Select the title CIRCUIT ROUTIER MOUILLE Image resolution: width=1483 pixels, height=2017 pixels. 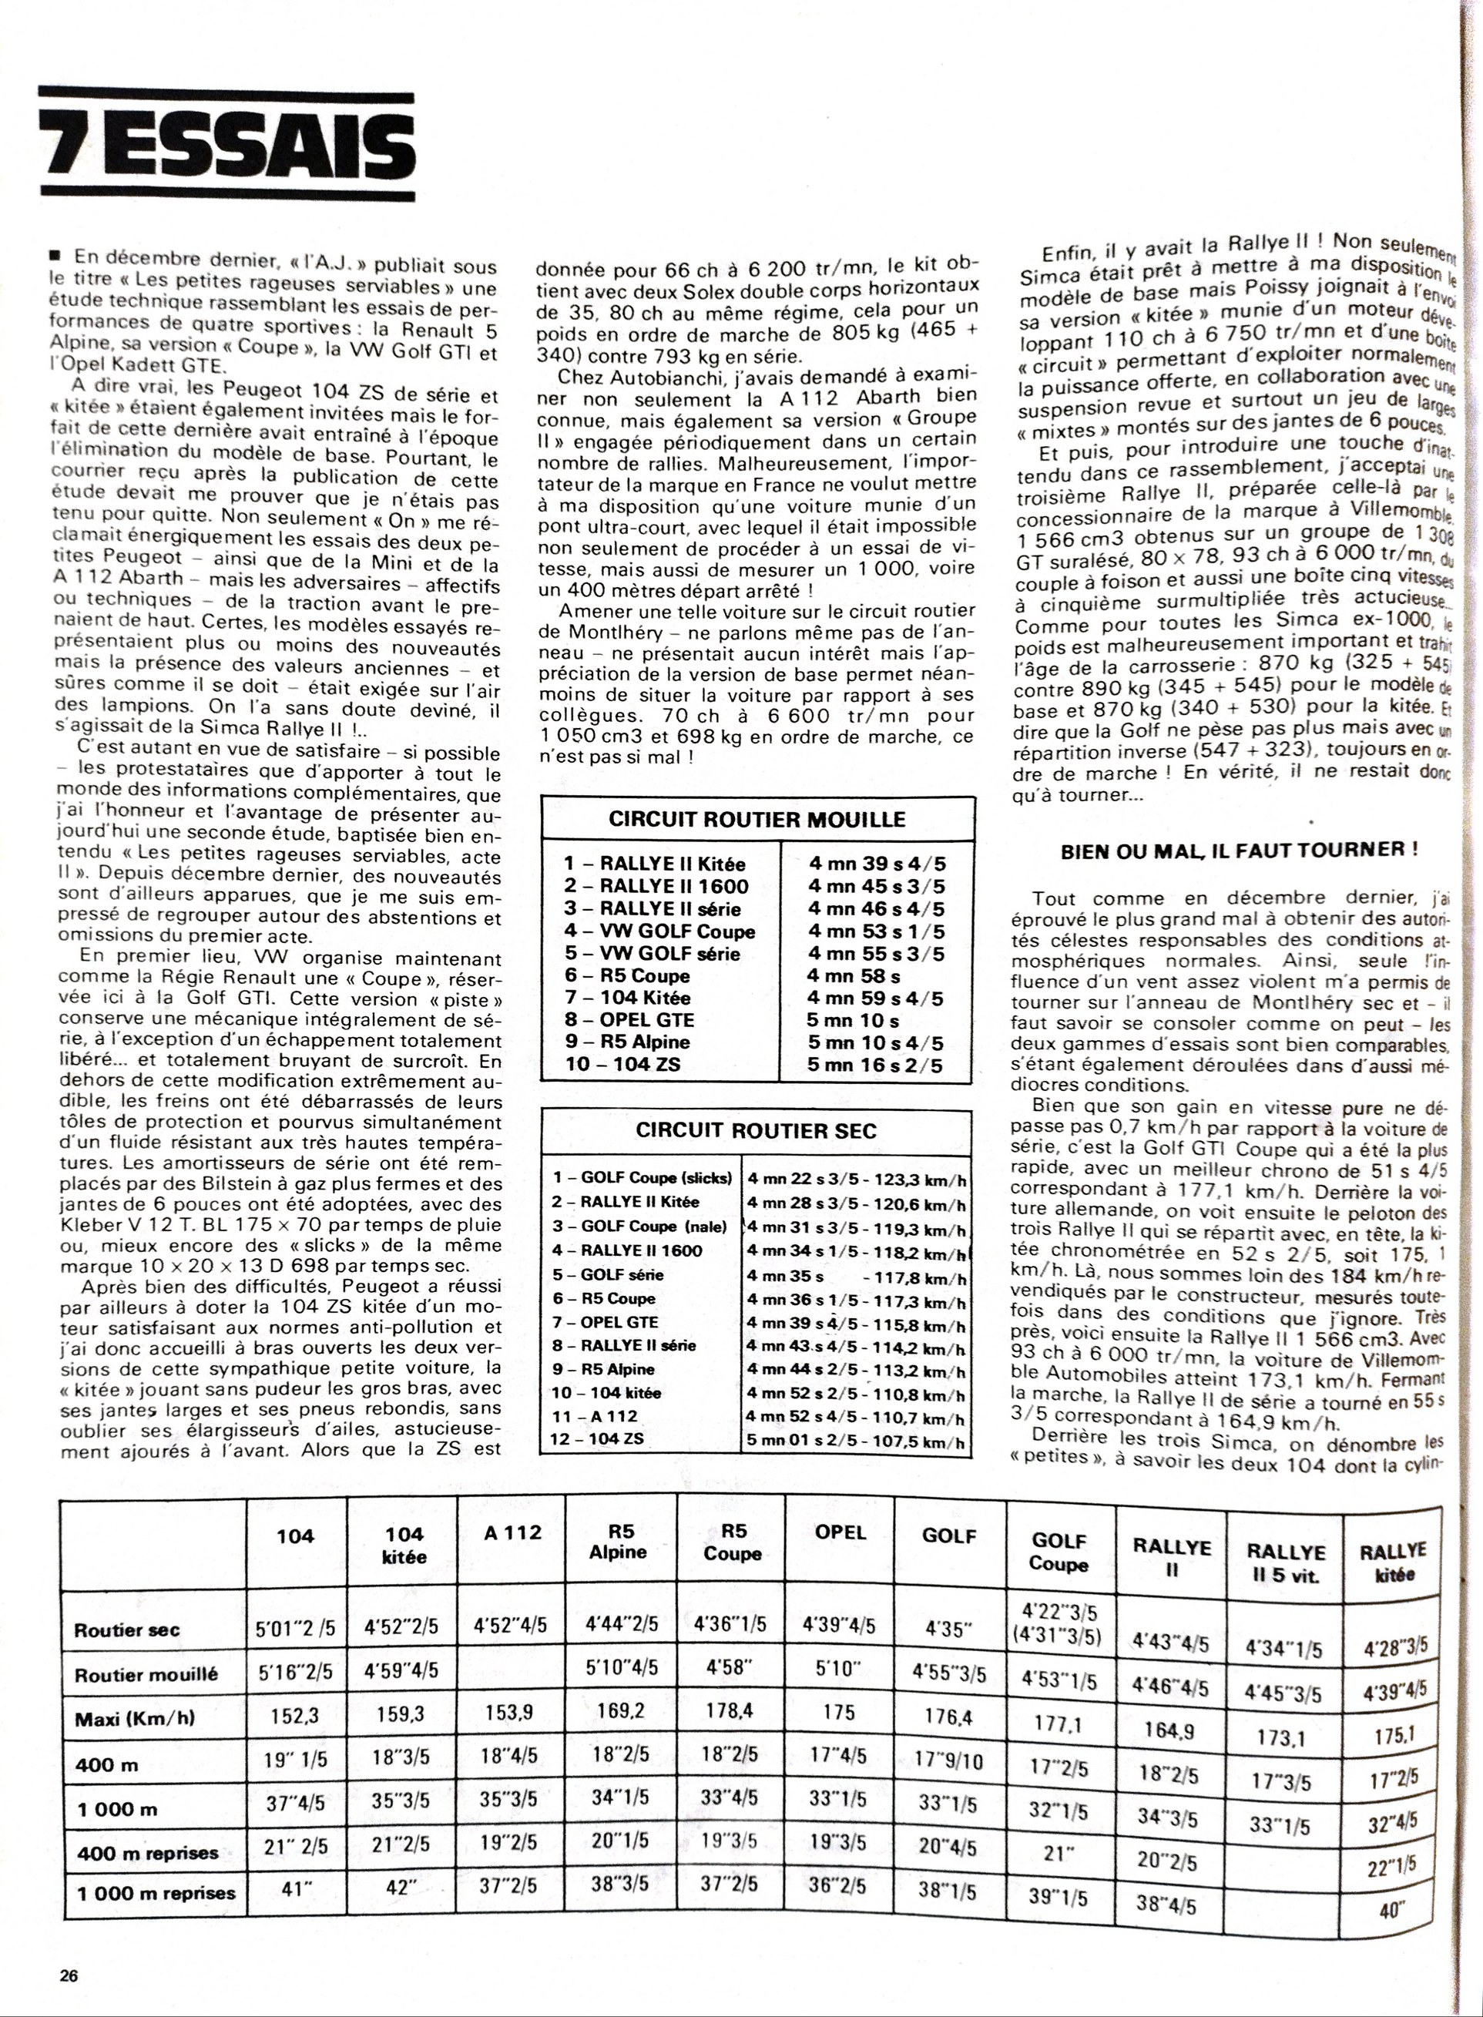coord(757,819)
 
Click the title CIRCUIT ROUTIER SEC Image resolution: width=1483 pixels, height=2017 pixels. coord(756,1130)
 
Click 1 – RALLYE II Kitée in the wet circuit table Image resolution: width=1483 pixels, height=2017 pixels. coord(654,864)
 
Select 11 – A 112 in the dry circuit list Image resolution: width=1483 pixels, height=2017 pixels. coord(596,1415)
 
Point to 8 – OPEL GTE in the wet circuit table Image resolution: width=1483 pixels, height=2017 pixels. coord(629,1021)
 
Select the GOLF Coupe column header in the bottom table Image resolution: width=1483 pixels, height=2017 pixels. coord(1059,1553)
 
